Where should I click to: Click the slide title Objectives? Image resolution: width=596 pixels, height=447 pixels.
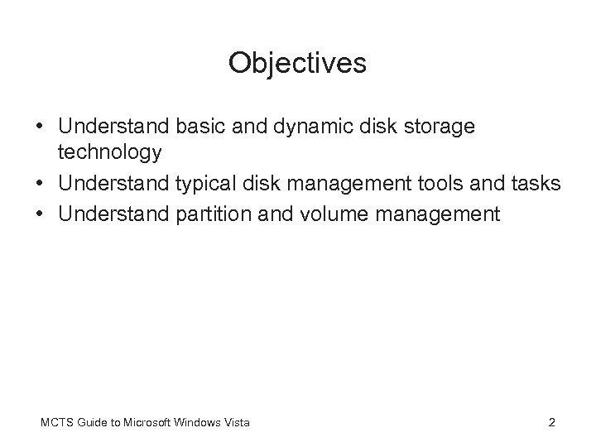(x=297, y=64)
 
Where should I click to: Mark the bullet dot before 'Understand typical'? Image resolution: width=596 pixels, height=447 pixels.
(x=41, y=184)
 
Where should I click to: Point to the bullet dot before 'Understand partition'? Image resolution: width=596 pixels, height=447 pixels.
(x=41, y=215)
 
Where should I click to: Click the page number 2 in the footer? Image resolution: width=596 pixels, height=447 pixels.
(x=551, y=423)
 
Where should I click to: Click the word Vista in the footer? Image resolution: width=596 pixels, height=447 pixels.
(x=237, y=423)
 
